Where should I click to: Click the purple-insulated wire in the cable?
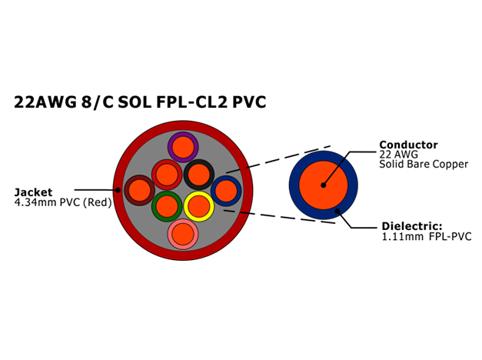tap(183, 147)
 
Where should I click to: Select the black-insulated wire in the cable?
tap(199, 175)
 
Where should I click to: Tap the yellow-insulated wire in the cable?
tap(199, 206)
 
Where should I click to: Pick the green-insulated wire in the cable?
tap(167, 206)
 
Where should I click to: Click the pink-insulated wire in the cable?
tap(183, 234)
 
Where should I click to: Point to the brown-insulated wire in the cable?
tap(140, 191)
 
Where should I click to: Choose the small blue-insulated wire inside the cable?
tap(226, 191)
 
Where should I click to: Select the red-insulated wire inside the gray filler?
tap(167, 175)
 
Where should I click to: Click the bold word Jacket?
tap(33, 192)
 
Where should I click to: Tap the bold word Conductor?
tap(408, 145)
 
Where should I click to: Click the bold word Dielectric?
tap(412, 226)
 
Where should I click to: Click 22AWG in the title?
tap(45, 102)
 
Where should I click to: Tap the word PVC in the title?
tap(249, 102)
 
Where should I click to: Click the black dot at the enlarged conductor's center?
tap(323, 185)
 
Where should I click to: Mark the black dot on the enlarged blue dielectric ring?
tap(337, 211)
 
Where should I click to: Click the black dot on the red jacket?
tap(118, 190)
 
